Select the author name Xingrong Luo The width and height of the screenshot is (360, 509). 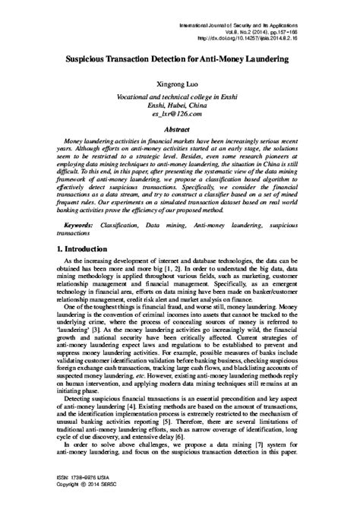pos(179,85)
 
